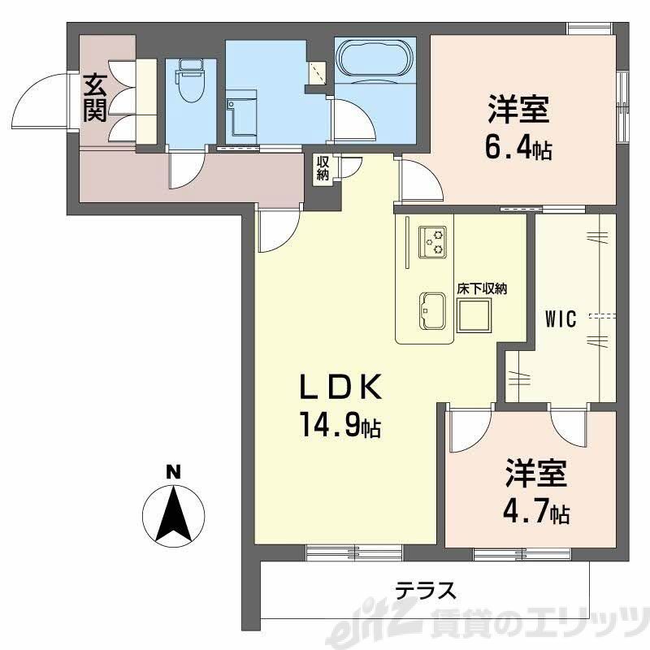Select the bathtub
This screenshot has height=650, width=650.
pyautogui.click(x=375, y=58)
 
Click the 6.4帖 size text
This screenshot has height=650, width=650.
pyautogui.click(x=519, y=149)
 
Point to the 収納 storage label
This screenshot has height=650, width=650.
pyautogui.click(x=323, y=169)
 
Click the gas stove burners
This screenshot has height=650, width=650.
pyautogui.click(x=432, y=241)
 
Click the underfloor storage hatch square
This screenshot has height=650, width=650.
pyautogui.click(x=475, y=315)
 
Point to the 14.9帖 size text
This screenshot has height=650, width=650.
pyautogui.click(x=341, y=426)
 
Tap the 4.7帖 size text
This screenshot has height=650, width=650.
pyautogui.click(x=536, y=513)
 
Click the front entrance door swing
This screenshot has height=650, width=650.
pyautogui.click(x=37, y=102)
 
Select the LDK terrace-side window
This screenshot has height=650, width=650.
pyautogui.click(x=354, y=552)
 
